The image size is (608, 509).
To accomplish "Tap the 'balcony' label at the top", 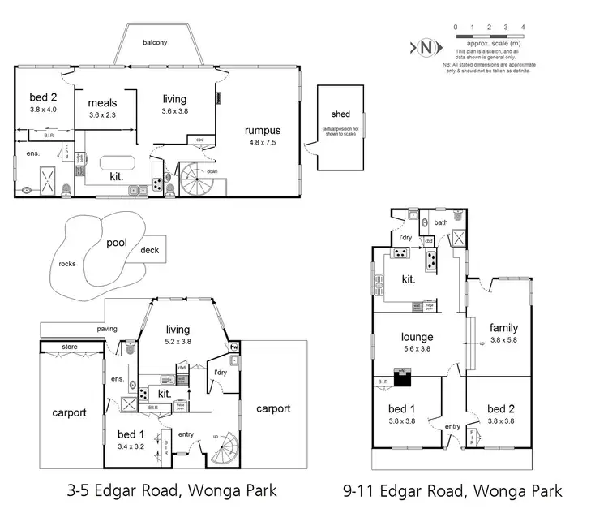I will point(155,43).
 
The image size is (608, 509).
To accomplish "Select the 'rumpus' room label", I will point(263,130).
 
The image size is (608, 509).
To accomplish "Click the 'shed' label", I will point(340,114).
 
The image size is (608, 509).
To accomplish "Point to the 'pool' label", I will point(117,242).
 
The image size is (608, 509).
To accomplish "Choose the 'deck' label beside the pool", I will point(150,250).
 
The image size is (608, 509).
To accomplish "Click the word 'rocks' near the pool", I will point(68,264).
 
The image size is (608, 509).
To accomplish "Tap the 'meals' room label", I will point(103,103).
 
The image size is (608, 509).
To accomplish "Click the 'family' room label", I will point(503,327).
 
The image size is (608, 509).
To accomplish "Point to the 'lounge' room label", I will point(417,337).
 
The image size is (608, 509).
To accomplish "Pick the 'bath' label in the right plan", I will point(441,222).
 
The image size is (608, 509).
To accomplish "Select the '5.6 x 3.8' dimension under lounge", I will point(417,349).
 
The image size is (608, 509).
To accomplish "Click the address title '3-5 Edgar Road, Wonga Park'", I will point(171,491).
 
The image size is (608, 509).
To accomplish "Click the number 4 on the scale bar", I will point(523,27).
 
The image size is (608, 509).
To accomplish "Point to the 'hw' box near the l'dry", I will point(234,347).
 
